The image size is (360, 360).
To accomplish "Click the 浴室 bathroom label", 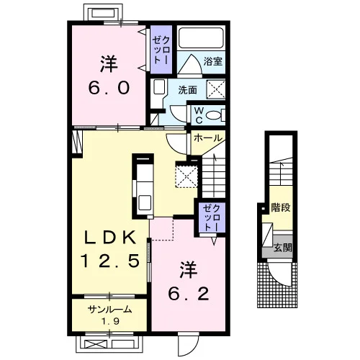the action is coord(212,61).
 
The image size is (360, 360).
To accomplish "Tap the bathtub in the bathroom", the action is coord(201,38).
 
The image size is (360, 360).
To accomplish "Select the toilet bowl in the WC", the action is coord(213,115).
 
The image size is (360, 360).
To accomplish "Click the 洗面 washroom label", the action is coord(187,90).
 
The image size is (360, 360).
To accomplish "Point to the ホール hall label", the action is coord(208,138).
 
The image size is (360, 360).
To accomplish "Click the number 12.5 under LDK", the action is coord(110,261).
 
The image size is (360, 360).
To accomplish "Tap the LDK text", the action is coord(110,238).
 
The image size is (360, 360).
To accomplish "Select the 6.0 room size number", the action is coord(109,88).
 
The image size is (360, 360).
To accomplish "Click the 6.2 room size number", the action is coord(189,294).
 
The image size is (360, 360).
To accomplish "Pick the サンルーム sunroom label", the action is coord(110,310).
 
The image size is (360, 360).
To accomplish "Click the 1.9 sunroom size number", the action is coord(110,321).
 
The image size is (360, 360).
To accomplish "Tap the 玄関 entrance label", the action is coord(283,248).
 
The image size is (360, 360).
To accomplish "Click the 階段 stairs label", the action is coord(281,207).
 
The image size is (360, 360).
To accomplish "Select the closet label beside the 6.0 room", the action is coord(161,50).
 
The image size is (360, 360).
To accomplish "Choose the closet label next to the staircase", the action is coord(211,218).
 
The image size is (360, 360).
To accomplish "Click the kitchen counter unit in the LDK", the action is coord(143,186).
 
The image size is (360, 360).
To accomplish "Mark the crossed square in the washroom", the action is coord(216,89).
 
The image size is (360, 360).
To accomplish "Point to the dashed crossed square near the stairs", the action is coord(186,174).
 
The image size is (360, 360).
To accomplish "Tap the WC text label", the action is coord(199,115).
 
